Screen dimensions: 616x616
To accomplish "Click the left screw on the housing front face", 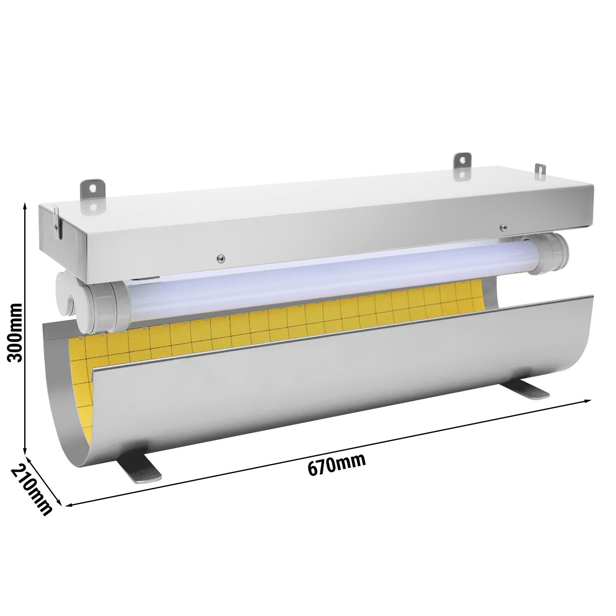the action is [x=221, y=258].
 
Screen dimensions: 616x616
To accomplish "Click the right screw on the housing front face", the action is [x=502, y=226].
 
